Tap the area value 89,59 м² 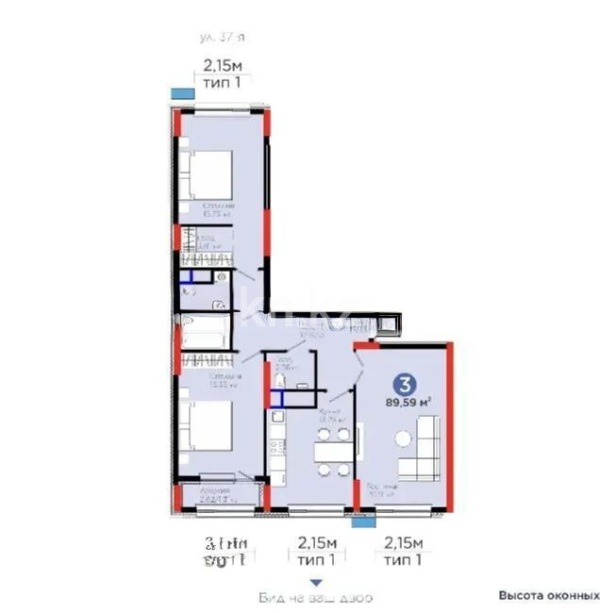408,403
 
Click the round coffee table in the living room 404,438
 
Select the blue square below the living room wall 359,519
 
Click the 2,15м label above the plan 223,67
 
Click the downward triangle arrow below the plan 317,582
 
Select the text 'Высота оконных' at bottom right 549,596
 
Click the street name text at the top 223,37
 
